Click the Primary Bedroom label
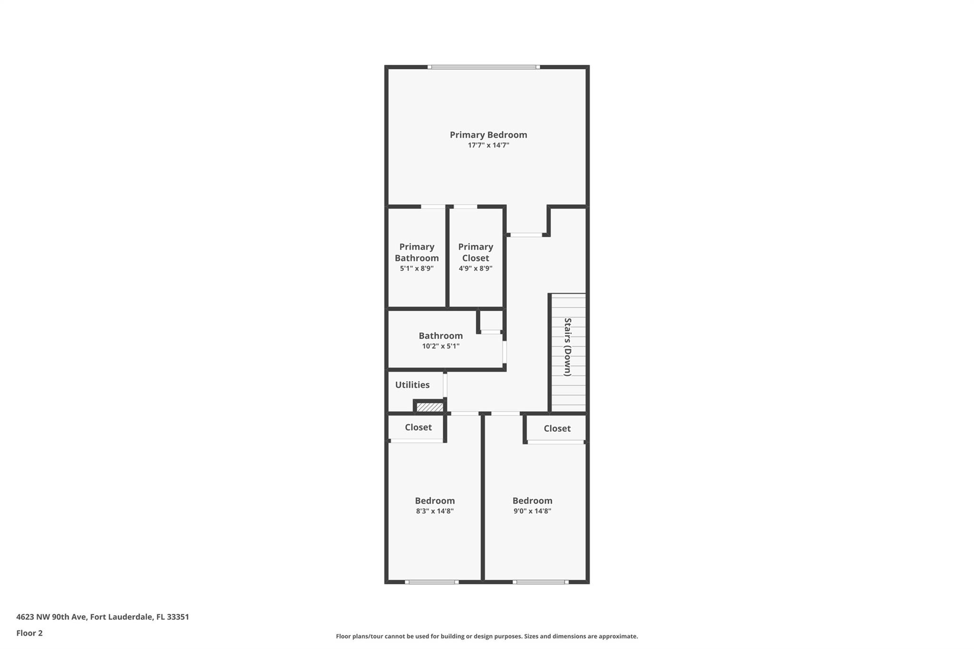(488, 135)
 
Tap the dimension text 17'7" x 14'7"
(488, 145)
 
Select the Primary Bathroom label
(417, 252)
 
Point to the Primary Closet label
(476, 252)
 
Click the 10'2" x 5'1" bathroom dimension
(441, 346)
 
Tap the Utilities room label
(412, 385)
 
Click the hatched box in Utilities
(430, 407)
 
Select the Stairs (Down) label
(567, 347)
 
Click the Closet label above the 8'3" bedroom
(419, 427)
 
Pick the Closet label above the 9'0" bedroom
(557, 429)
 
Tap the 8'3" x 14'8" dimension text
(435, 511)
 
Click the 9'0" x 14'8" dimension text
(532, 511)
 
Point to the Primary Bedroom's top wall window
(484, 67)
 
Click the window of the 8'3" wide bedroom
(432, 582)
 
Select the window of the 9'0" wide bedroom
(541, 582)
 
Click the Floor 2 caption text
(29, 633)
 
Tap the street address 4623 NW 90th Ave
(51, 617)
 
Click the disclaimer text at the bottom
(487, 636)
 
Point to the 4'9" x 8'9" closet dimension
(476, 269)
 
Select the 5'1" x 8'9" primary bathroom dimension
(417, 269)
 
